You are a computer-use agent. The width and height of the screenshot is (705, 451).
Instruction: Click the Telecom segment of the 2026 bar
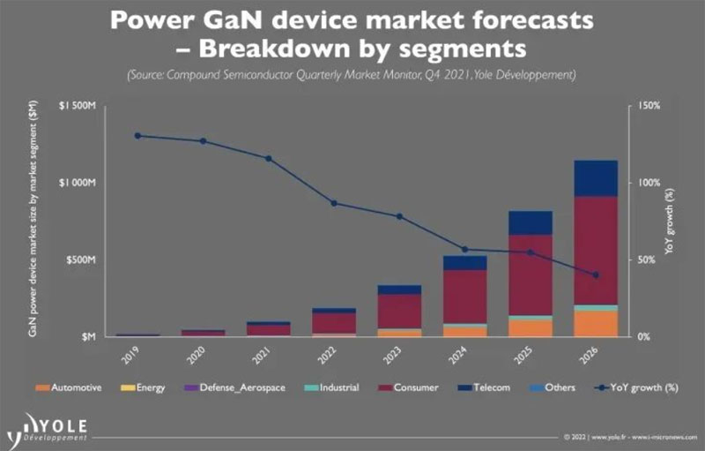click(597, 177)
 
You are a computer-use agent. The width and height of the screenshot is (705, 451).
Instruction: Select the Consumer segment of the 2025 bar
click(530, 274)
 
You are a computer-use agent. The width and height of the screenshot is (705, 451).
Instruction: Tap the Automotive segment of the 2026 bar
click(597, 324)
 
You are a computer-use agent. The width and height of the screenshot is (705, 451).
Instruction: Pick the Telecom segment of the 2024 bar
click(464, 263)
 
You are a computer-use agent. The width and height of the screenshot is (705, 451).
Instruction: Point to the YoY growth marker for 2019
click(137, 136)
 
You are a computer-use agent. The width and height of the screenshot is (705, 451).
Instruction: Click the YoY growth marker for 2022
click(334, 203)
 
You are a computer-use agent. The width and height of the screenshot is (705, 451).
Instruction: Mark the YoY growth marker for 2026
click(596, 275)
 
